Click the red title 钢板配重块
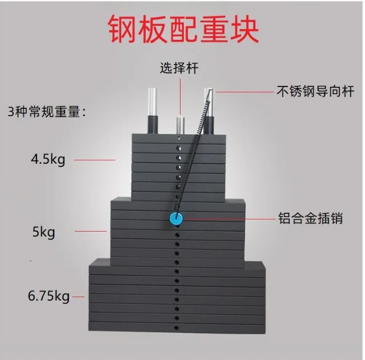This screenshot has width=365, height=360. (183, 29)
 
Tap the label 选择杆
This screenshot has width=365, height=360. (179, 69)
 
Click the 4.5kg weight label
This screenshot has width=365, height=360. (48, 159)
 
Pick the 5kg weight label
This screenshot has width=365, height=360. (44, 231)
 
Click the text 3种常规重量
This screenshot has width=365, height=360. (47, 110)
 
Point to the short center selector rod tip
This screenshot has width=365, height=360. (179, 123)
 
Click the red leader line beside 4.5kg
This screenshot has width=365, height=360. (95, 160)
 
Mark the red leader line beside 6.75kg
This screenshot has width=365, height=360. (78, 296)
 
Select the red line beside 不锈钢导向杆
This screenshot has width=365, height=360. (243, 91)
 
